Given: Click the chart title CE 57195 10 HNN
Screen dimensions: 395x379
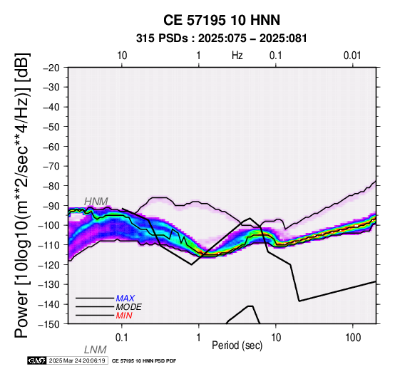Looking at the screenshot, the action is [222, 20].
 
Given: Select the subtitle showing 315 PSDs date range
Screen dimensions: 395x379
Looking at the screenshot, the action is [222, 38].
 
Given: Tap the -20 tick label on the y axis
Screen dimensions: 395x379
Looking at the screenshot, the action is [51, 68].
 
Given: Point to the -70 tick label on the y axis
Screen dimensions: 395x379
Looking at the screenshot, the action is [51, 166].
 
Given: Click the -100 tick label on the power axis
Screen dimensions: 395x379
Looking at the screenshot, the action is [49, 225].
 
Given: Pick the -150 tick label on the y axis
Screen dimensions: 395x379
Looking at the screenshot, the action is [49, 324].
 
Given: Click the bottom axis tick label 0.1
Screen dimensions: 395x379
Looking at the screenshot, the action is [122, 338].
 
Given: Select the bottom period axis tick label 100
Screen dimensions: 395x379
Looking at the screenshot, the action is [353, 338].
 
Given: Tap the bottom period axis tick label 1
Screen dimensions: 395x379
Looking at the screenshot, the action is [199, 338].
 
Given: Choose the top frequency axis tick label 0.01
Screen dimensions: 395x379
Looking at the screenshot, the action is [352, 56].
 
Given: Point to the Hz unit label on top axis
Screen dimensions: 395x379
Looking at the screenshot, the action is [237, 56].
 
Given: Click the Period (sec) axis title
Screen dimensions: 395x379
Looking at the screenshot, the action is [237, 346].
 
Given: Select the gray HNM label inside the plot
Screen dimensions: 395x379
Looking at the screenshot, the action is [96, 202].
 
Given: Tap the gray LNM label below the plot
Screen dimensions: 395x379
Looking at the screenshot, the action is [96, 350].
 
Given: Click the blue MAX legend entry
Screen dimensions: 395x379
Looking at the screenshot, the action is [125, 298].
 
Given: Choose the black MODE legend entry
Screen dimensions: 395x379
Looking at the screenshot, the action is [129, 307].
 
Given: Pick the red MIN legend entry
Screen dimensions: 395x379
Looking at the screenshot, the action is [124, 316].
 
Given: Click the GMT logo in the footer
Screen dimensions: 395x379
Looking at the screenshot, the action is [37, 360].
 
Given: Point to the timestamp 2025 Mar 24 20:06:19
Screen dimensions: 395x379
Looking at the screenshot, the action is [77, 360].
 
